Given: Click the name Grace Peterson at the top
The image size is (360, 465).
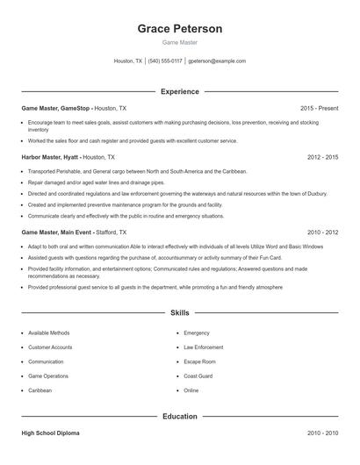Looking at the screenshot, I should [180, 29].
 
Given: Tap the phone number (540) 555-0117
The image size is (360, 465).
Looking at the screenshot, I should [165, 61].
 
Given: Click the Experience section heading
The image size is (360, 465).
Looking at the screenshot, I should [180, 91].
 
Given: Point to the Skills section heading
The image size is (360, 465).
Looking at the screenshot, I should [180, 311].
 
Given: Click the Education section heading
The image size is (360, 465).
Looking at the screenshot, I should [180, 416].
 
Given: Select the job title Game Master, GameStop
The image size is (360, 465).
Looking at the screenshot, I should [56, 108].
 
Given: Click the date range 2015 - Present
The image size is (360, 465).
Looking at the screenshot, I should [319, 108].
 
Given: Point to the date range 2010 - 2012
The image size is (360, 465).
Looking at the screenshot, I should [322, 232].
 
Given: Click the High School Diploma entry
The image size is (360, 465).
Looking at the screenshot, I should [52, 433].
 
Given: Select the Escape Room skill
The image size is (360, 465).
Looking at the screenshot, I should [199, 361].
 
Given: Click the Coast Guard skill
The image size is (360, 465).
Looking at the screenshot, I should [198, 376].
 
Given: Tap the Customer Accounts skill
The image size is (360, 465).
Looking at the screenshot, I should [50, 347].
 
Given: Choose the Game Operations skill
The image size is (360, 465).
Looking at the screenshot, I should [48, 376].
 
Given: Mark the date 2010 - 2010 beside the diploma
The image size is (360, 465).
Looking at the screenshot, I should [322, 433].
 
